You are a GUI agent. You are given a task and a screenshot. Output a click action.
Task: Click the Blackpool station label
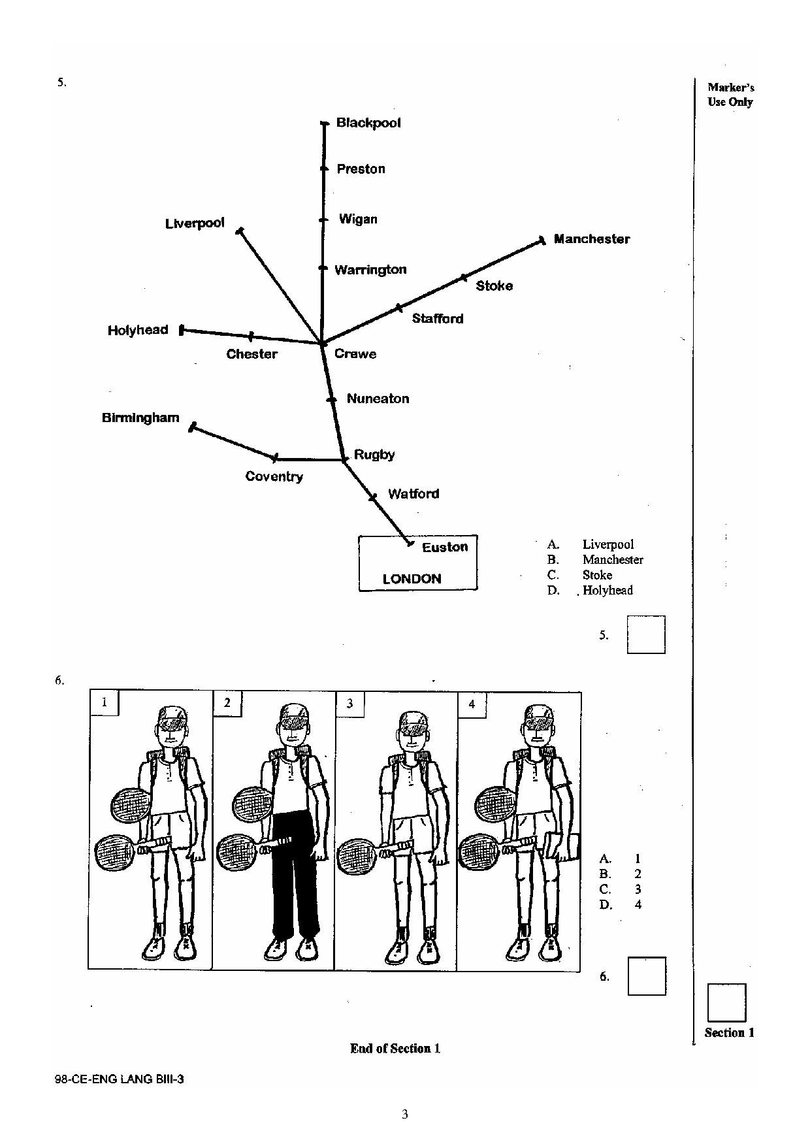tap(368, 123)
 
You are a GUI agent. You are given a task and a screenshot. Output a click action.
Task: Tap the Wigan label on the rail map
tap(358, 219)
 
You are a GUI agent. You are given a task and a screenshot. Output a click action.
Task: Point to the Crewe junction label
tap(355, 353)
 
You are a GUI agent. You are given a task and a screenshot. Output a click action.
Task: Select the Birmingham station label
tap(140, 418)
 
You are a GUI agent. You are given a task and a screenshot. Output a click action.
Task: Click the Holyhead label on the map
tap(138, 331)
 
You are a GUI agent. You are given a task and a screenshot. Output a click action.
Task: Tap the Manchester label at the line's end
tap(592, 239)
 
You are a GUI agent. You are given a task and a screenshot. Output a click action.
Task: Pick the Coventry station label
tap(274, 476)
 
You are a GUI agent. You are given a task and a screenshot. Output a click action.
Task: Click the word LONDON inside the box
tap(412, 579)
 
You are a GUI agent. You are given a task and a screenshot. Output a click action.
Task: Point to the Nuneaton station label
tap(378, 399)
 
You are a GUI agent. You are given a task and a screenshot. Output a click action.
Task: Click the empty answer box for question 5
tap(646, 634)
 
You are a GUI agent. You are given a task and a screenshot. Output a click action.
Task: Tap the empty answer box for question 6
tap(647, 976)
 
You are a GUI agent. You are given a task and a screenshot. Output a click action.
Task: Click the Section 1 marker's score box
tap(726, 1003)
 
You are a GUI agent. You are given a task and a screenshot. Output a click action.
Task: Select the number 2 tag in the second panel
tap(227, 703)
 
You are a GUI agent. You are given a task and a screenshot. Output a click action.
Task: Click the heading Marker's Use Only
tap(731, 94)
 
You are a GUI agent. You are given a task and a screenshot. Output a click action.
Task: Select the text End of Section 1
tap(395, 1049)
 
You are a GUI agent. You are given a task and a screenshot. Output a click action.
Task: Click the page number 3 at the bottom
tap(405, 1114)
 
